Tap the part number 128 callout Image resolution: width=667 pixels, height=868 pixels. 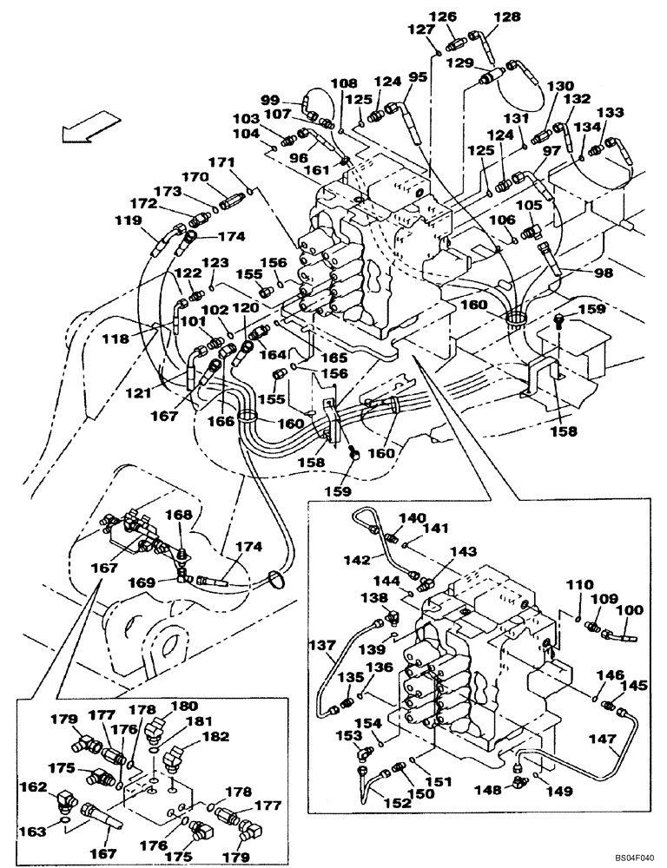(483, 16)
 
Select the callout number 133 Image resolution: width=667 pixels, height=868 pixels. (611, 112)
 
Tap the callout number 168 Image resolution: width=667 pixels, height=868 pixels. (179, 516)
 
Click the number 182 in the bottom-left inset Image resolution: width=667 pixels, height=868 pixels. (216, 736)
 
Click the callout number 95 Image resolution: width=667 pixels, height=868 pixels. (418, 77)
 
